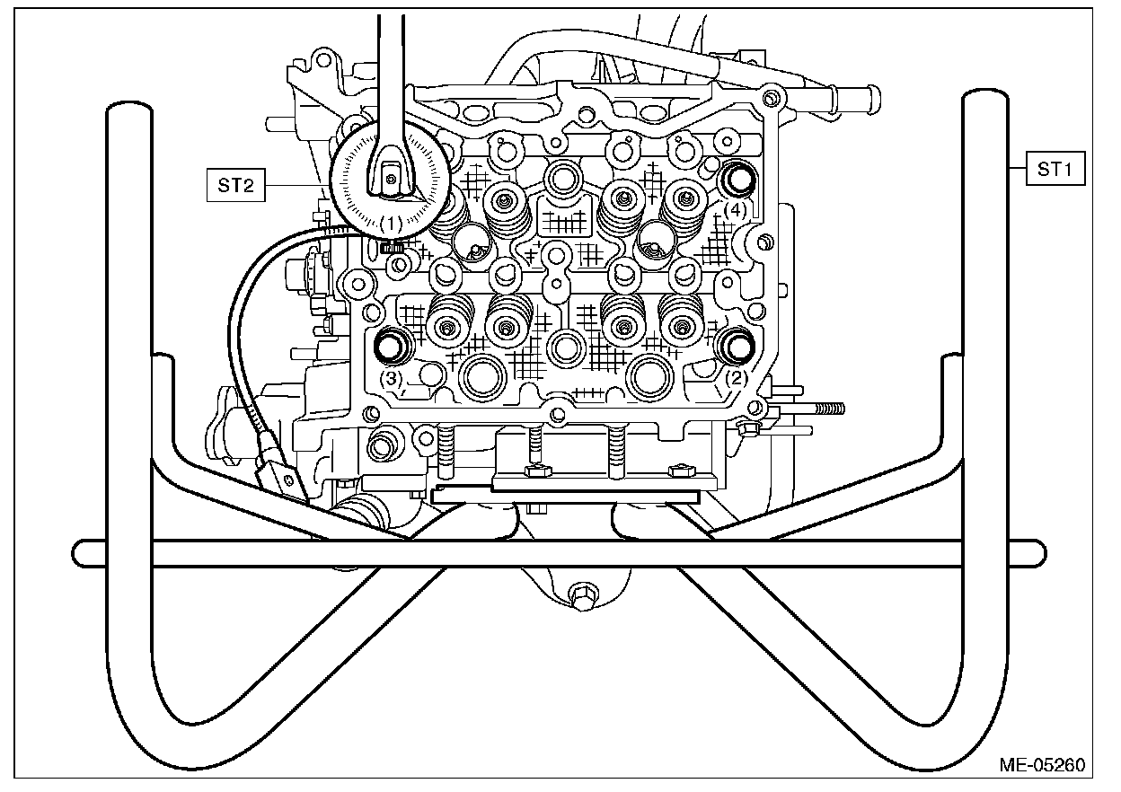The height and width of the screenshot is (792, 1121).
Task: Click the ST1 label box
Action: (1055, 168)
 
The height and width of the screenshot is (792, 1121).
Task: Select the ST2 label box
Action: (237, 186)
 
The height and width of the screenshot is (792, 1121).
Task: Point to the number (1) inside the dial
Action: (391, 221)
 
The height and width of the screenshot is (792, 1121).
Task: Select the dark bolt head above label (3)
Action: (391, 346)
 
